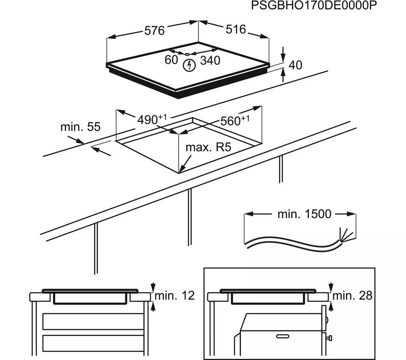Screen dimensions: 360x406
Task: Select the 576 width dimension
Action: pos(155,31)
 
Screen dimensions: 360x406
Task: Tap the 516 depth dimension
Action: pos(236,29)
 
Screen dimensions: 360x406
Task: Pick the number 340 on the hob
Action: pos(210,61)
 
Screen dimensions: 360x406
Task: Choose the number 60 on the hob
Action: pos(171,60)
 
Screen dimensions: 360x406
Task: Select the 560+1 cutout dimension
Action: pos(235,121)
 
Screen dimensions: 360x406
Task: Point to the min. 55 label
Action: pos(80,127)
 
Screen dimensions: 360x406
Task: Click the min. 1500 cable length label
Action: pos(304,214)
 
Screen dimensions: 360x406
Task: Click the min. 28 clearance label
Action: pos(352,295)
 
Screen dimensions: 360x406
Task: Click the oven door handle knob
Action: pos(330,338)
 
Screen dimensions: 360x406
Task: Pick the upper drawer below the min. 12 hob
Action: pos(94,321)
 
